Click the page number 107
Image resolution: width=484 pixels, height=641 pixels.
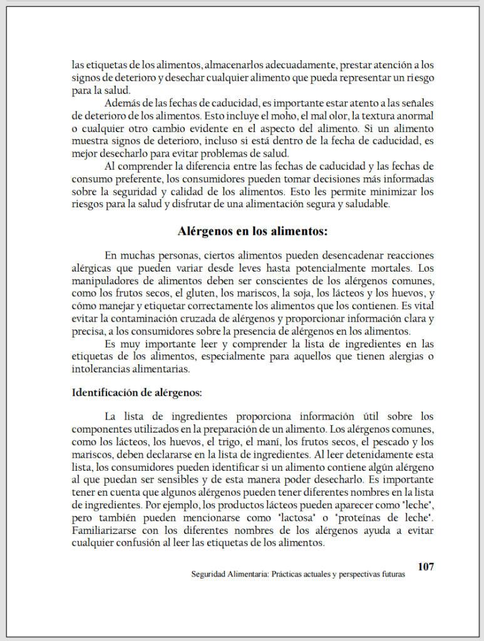pos(426,567)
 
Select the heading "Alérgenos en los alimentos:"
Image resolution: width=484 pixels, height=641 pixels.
pos(253,232)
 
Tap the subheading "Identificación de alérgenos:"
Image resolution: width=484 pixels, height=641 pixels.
pos(136,393)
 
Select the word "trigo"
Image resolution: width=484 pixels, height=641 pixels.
pos(218,442)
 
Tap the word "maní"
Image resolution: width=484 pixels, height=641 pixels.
pos(255,442)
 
